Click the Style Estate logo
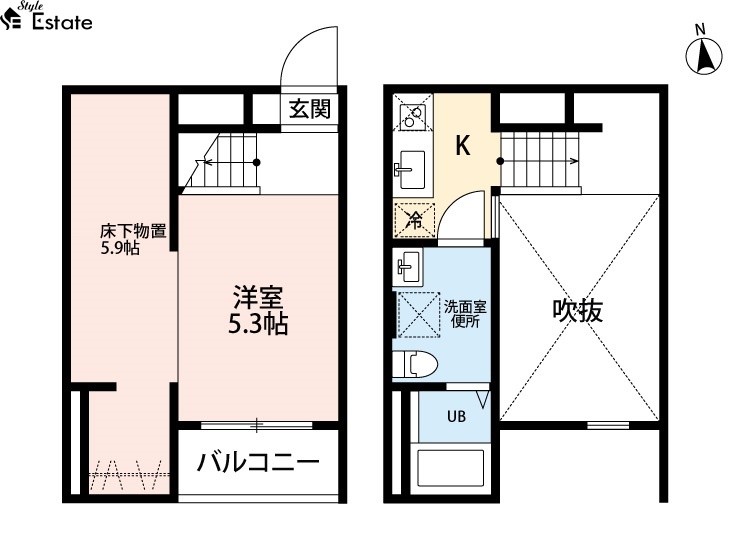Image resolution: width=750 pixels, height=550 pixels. click(47, 17)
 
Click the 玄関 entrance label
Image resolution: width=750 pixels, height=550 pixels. click(310, 110)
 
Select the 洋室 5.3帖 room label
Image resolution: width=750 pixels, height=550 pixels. click(258, 310)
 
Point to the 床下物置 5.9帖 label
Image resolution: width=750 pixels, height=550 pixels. click(133, 240)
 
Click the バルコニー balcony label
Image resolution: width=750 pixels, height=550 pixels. click(258, 462)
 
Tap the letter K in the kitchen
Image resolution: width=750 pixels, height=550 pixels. click(463, 145)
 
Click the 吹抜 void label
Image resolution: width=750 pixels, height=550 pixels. click(577, 310)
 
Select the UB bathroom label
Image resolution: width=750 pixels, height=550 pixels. click(456, 417)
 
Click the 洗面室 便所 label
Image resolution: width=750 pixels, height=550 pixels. click(465, 314)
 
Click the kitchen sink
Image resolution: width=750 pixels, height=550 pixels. click(410, 170)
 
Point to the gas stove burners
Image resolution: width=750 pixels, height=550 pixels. click(412, 113)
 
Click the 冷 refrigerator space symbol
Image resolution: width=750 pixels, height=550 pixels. click(414, 220)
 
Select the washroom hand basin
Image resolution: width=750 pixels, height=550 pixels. click(408, 267)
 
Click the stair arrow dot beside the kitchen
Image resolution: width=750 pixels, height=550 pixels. click(500, 161)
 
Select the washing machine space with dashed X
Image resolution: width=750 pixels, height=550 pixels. click(419, 315)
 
